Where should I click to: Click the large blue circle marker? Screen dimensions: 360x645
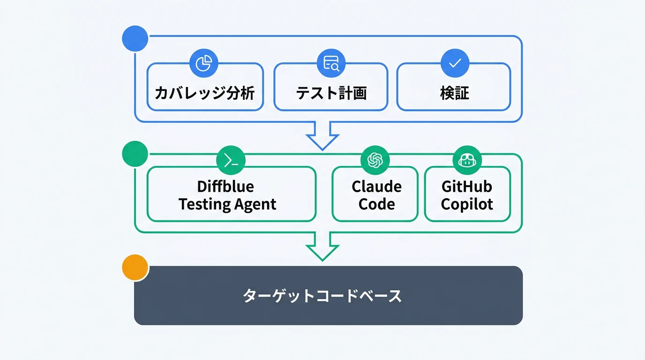click(x=135, y=39)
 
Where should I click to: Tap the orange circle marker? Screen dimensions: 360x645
click(x=135, y=268)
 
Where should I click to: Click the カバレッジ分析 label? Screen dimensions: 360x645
click(x=205, y=93)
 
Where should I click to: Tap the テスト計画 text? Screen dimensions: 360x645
click(x=331, y=93)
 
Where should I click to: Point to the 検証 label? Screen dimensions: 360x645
click(x=454, y=93)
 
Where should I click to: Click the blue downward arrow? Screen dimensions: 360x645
click(x=322, y=136)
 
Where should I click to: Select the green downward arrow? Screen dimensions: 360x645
click(x=322, y=247)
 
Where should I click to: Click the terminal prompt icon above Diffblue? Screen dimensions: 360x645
click(x=231, y=161)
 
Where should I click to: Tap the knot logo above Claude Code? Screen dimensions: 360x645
click(x=375, y=161)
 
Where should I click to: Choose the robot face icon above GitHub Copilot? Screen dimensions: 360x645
click(x=467, y=161)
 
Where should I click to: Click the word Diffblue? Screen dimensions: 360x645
click(x=225, y=187)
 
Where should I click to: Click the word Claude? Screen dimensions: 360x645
click(x=376, y=187)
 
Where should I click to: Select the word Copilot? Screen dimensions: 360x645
click(x=467, y=204)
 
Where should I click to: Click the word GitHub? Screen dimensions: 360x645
click(x=467, y=187)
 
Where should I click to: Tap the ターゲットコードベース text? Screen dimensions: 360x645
click(x=322, y=296)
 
